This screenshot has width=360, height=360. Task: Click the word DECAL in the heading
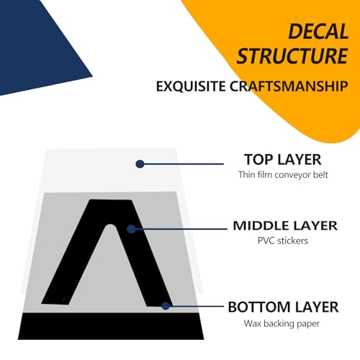(x=318, y=32)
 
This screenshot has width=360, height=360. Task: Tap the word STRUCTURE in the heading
(x=292, y=56)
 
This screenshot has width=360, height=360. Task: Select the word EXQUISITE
(x=191, y=86)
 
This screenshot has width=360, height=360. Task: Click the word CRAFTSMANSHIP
(x=289, y=86)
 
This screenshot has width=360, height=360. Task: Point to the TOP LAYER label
(x=283, y=160)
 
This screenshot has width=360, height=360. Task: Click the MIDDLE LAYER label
(x=285, y=226)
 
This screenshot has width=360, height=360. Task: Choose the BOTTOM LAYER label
(x=283, y=307)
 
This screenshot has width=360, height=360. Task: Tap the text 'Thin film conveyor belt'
(x=283, y=175)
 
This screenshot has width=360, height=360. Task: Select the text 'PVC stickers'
(x=283, y=240)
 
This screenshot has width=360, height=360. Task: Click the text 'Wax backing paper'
(x=282, y=323)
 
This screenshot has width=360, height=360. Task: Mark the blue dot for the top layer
(x=140, y=164)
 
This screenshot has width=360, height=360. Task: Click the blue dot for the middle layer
(x=131, y=229)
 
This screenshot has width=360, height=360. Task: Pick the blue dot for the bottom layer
(x=166, y=306)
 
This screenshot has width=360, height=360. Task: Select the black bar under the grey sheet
(x=111, y=326)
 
